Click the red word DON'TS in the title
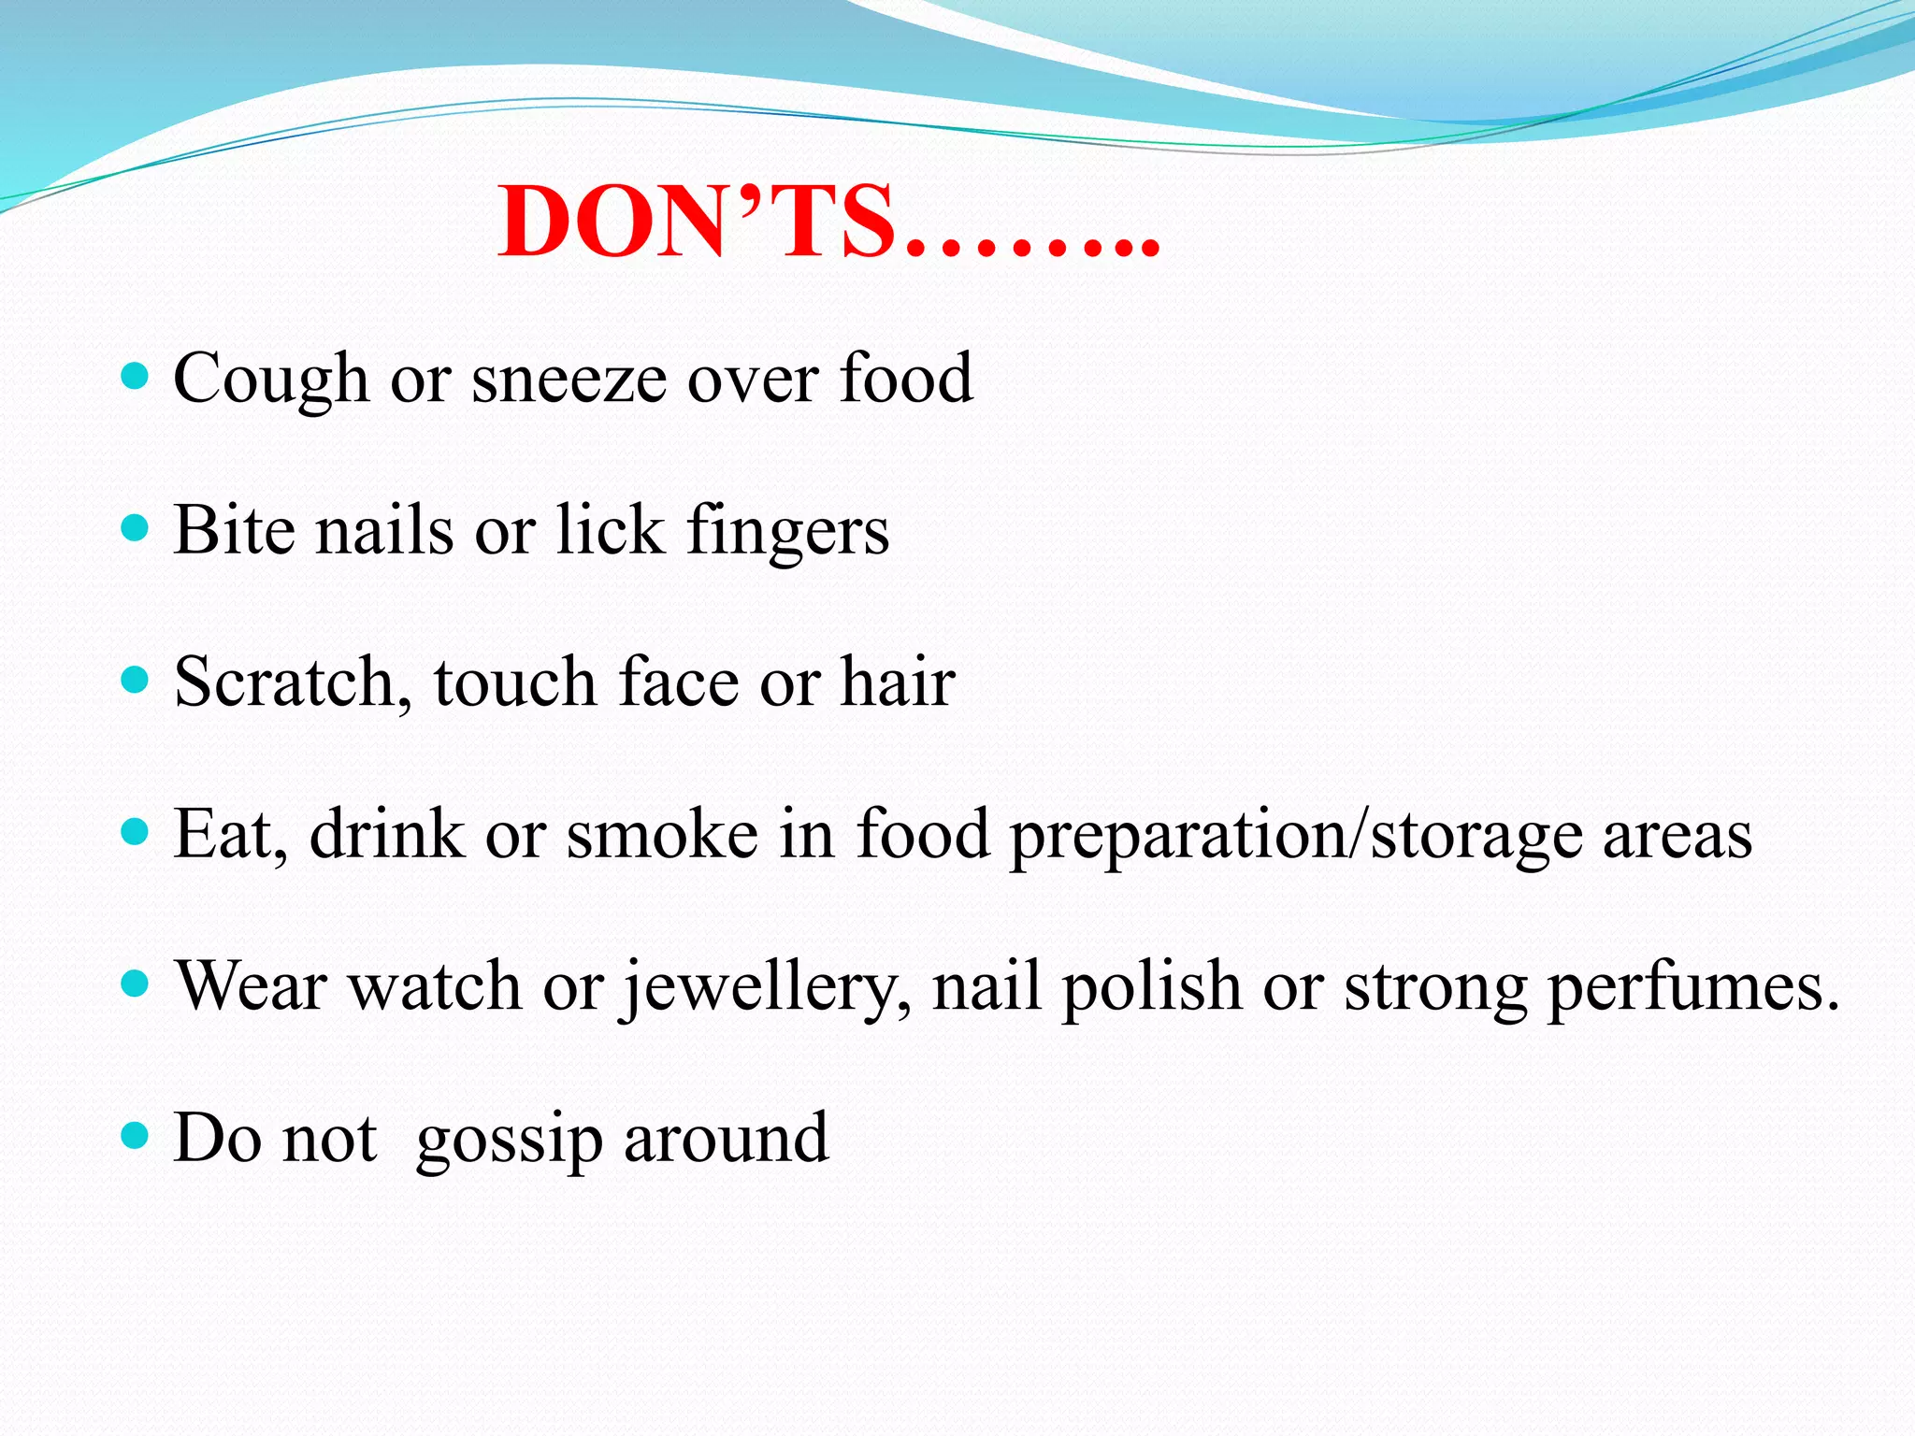tap(697, 222)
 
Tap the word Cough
tap(271, 379)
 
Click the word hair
tap(898, 682)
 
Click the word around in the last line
tap(726, 1139)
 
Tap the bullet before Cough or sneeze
tap(136, 377)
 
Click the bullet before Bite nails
tap(136, 528)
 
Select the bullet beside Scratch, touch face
tap(136, 680)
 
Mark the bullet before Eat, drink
tap(136, 831)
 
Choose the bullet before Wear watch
tap(136, 984)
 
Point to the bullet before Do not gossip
tap(136, 1136)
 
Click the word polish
tap(1151, 987)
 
